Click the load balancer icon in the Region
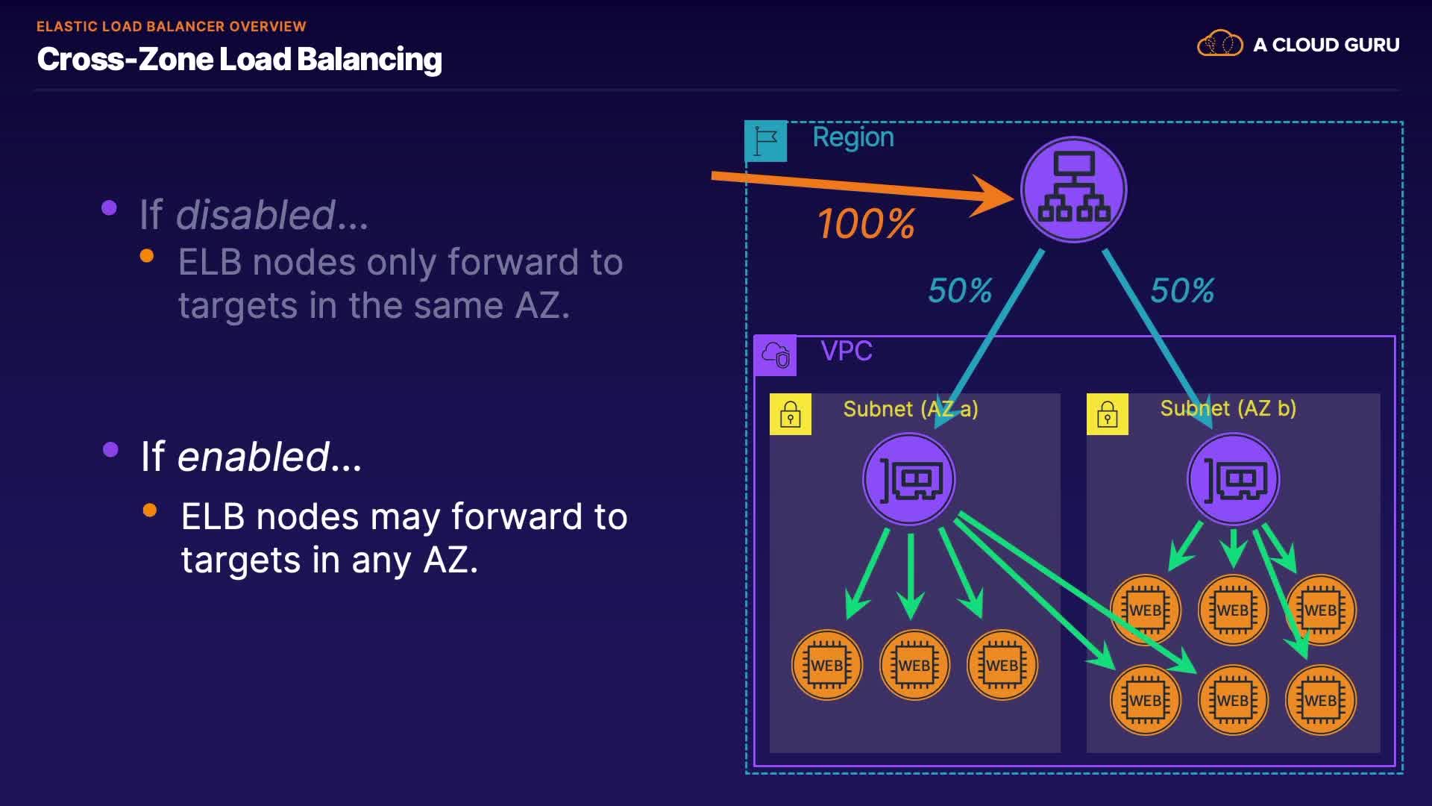pos(1073,190)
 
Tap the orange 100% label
pos(866,224)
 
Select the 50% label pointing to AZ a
pos(960,290)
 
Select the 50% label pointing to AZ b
pos(1182,290)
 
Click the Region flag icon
pos(766,141)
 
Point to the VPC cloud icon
pos(776,355)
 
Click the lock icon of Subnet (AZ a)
pos(791,414)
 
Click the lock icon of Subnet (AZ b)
pos(1108,414)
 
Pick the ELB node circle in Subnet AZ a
pos(909,479)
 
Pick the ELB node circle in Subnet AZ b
pos(1234,479)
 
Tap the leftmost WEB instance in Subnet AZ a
pos(827,665)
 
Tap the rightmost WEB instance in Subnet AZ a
pos(1002,665)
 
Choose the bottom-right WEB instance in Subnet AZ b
pos(1321,700)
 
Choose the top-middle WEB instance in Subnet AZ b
pos(1233,610)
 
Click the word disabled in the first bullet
pos(255,215)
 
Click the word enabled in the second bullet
pos(254,457)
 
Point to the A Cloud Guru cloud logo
pos(1220,44)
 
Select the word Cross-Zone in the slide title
pos(122,59)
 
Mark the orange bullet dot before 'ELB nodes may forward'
pos(150,510)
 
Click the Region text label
pos(853,137)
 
